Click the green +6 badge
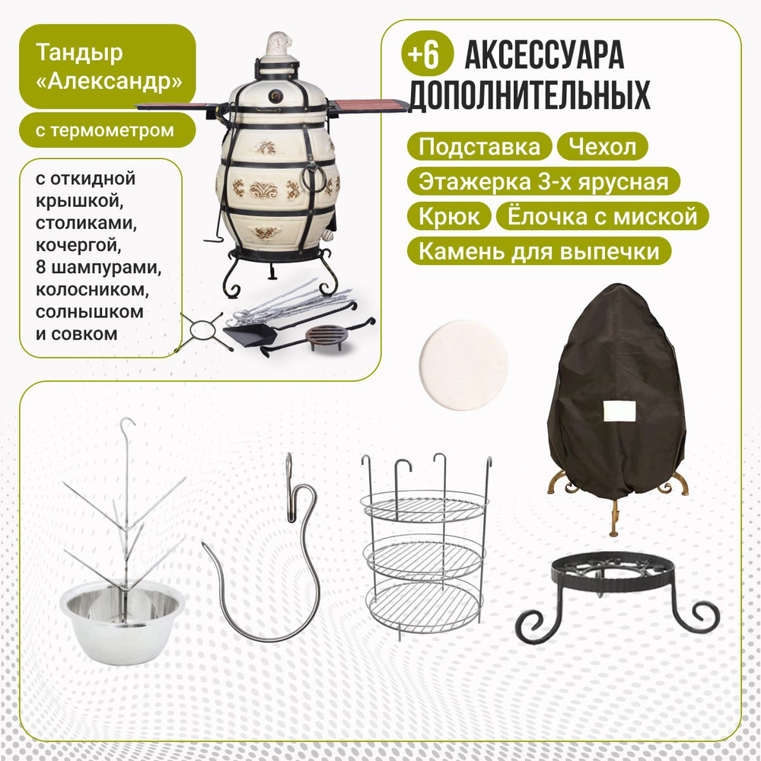(x=427, y=54)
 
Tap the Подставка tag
(x=479, y=146)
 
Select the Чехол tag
(x=602, y=146)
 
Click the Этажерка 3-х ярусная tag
(x=543, y=181)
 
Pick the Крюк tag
(x=449, y=216)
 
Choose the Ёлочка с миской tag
(x=602, y=216)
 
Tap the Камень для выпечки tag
(x=539, y=251)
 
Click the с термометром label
(x=107, y=130)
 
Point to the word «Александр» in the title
(x=109, y=81)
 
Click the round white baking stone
(x=463, y=365)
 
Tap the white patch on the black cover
(x=619, y=411)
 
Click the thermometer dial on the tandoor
(x=275, y=96)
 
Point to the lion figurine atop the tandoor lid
(x=279, y=43)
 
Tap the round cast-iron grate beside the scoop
(x=326, y=337)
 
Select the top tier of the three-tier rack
(x=423, y=505)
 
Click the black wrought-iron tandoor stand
(x=617, y=597)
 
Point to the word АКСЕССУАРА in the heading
(x=544, y=55)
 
